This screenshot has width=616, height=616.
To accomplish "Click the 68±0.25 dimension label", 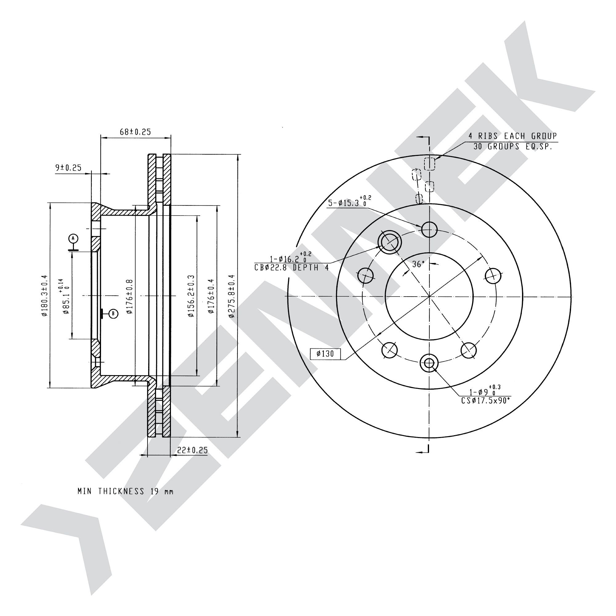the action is (135, 132).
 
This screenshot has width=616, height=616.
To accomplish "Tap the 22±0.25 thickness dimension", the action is (192, 450).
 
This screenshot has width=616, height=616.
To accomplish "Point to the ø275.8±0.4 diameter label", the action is (232, 296).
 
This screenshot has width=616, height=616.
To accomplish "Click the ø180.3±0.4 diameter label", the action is (44, 296).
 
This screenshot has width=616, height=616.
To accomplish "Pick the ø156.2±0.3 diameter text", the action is (191, 296).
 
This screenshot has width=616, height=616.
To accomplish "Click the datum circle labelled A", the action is (73, 238).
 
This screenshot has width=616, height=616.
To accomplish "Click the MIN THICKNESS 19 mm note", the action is (125, 491).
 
